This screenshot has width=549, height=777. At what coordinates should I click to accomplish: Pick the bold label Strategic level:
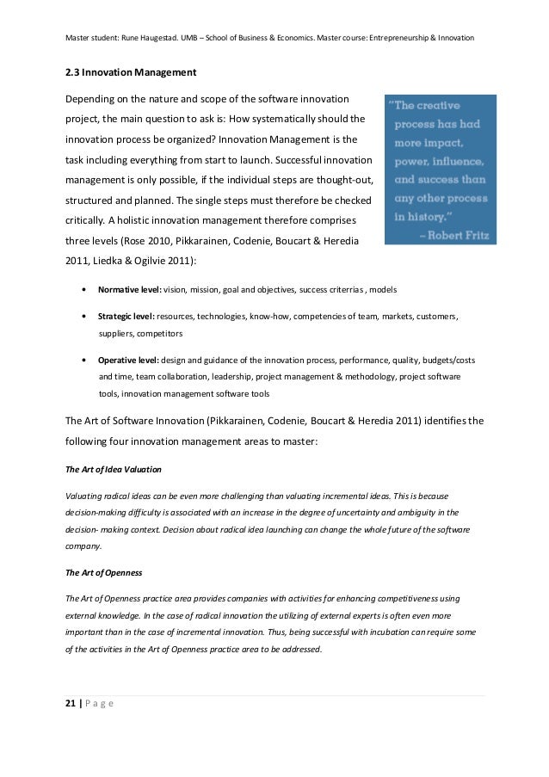pos(126,317)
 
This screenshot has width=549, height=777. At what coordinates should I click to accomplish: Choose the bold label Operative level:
pos(128,360)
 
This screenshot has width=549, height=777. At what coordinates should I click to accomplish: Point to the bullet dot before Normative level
pos(83,289)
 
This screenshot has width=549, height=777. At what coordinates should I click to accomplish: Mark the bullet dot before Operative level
pos(83,360)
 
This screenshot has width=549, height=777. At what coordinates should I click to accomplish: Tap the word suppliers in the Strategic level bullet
pos(119,333)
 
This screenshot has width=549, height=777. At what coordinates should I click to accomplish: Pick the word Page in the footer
pos(99,704)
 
